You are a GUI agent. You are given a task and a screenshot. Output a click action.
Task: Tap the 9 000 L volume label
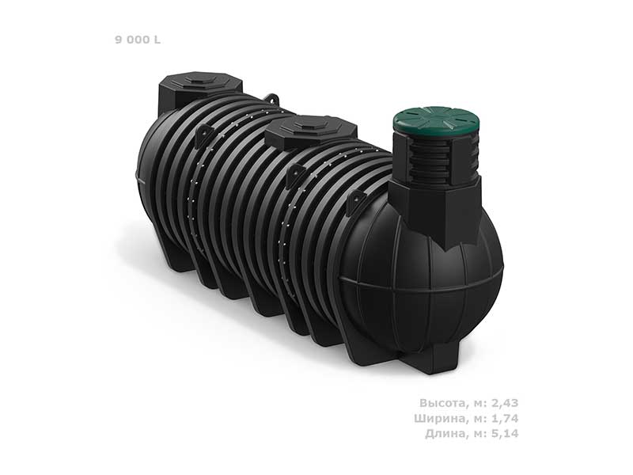tap(138, 40)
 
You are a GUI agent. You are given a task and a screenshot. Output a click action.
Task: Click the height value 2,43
tap(504, 403)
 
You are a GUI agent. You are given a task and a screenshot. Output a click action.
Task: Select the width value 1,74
tap(504, 418)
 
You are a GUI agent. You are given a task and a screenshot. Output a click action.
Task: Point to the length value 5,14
tap(504, 433)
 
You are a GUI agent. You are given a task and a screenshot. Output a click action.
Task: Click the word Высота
tap(442, 403)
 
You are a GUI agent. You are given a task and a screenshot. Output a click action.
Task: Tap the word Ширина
tap(440, 418)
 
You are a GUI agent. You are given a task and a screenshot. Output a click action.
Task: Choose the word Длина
tap(445, 433)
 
